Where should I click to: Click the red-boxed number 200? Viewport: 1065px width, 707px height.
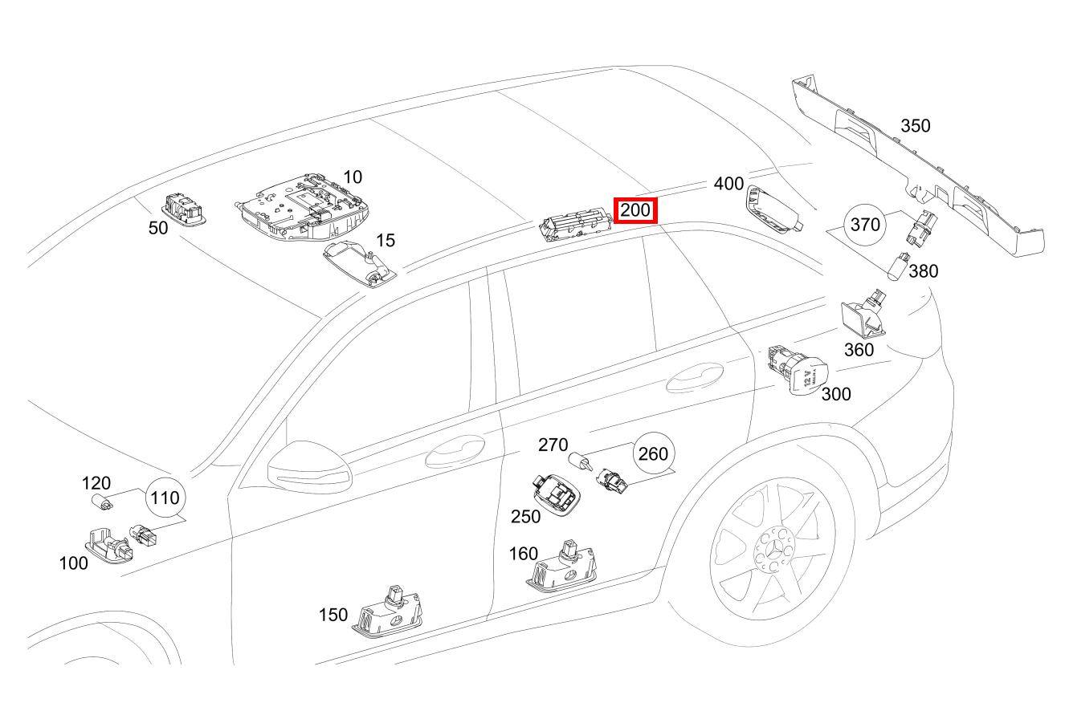click(x=635, y=211)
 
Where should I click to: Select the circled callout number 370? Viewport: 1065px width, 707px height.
click(x=865, y=225)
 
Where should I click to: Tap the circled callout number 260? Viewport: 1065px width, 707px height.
click(x=652, y=454)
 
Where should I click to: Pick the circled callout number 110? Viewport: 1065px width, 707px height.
click(x=165, y=498)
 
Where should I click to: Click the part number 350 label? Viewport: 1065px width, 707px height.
click(x=915, y=126)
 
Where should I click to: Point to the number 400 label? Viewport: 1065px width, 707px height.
click(x=728, y=184)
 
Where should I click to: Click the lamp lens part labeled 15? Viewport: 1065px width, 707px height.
click(x=359, y=262)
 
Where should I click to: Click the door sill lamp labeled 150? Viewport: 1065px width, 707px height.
click(x=387, y=614)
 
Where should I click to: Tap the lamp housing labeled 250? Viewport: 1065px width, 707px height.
click(x=555, y=494)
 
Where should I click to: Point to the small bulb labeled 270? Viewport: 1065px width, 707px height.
click(x=579, y=463)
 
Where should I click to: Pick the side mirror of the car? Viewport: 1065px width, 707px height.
click(x=308, y=468)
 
